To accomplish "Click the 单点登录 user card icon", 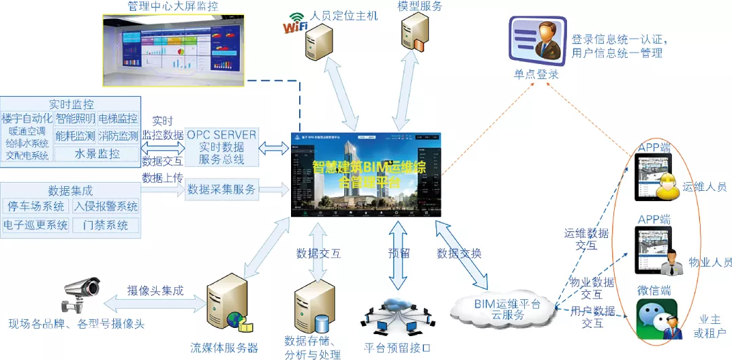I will (536, 41).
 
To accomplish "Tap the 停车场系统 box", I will (35, 206).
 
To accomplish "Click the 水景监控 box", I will (97, 153).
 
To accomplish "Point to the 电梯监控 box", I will (118, 119).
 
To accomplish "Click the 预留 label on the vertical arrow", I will (399, 253).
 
